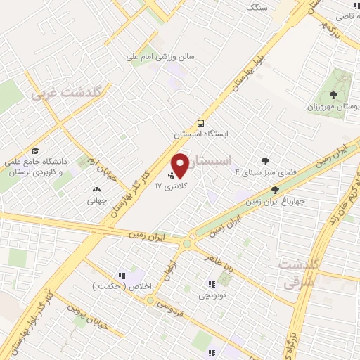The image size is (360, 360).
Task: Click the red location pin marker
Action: tap(181, 165)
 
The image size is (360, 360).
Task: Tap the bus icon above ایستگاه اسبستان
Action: tap(202, 121)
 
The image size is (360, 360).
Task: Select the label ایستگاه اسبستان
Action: tap(202, 131)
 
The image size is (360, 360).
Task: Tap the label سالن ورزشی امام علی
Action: tap(160, 56)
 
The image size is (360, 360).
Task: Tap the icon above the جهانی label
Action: tap(96, 189)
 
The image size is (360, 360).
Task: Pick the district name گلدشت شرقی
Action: tap(299, 271)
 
